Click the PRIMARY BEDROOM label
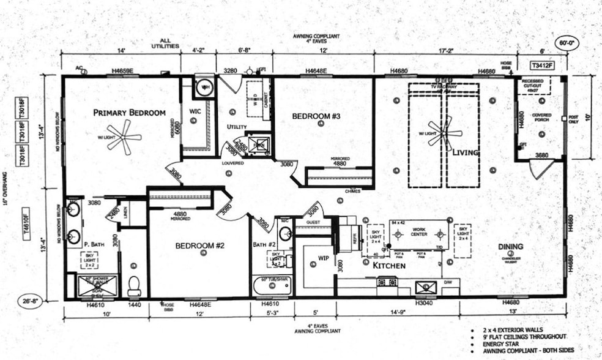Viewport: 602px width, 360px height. coord(129,113)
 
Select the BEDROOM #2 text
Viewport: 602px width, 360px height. coord(200,246)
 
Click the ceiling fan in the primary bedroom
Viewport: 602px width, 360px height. coord(116,137)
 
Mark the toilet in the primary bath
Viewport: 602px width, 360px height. coord(134,285)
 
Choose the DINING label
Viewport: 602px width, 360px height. coord(510,247)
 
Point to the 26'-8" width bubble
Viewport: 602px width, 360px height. coord(33,301)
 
